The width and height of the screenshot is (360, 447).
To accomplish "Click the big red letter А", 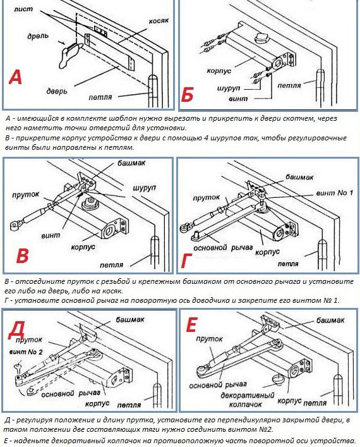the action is click(15, 78).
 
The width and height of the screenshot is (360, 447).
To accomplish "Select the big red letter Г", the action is click(186, 261).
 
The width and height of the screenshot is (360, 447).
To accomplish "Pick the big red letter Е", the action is click(191, 325).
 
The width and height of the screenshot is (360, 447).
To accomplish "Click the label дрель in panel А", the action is click(38, 37).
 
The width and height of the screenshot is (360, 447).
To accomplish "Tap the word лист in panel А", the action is click(23, 9).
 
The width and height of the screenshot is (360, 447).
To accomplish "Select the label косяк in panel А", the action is click(159, 21).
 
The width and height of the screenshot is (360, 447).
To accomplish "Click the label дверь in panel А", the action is click(57, 90).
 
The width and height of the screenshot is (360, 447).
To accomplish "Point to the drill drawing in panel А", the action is click(70, 54).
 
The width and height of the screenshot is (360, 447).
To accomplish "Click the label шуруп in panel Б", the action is click(229, 89).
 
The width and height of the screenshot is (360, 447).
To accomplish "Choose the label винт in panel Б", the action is click(238, 99).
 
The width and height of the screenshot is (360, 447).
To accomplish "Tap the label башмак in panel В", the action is click(131, 163).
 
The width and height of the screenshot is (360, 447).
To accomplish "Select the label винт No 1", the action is click(334, 193).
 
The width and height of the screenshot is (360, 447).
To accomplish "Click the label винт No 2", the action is click(26, 352).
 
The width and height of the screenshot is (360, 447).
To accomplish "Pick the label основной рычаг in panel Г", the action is click(223, 248).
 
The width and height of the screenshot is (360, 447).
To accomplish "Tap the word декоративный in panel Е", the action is click(247, 396).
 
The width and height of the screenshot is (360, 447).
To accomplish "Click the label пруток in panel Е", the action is click(209, 339).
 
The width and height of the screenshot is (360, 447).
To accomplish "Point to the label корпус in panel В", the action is click(83, 247).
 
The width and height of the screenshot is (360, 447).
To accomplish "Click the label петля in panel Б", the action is click(289, 85).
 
